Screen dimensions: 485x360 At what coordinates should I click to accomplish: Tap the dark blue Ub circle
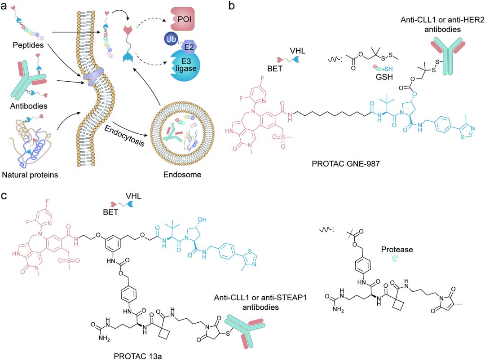coord(171,39)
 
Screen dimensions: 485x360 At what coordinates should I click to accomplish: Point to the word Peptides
coord(28,45)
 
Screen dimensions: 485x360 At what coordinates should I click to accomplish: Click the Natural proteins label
coord(30,175)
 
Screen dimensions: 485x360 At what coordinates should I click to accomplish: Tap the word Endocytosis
coord(124,136)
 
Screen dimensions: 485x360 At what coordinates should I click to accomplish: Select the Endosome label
coord(182,175)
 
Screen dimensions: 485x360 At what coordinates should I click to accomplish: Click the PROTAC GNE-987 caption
coord(345,163)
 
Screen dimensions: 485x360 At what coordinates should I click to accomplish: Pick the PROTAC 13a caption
coord(138,356)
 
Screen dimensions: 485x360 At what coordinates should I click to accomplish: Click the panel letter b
coord(231,5)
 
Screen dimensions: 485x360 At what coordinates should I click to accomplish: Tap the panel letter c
coord(4,196)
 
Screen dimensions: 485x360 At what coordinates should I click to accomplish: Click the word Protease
coord(397,250)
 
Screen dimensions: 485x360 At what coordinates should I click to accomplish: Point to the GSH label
coord(384,77)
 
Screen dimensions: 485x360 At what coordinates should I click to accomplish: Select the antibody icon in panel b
coord(448,56)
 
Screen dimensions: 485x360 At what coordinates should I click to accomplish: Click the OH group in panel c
coord(202,220)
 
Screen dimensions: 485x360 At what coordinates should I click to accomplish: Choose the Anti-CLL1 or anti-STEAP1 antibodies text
coord(260,302)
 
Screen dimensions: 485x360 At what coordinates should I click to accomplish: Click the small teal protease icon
coord(395,259)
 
